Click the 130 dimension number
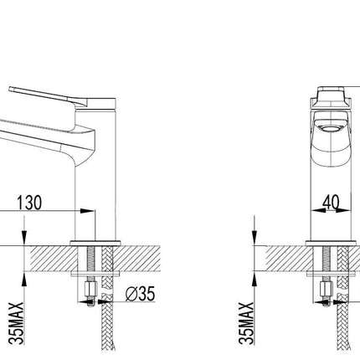29,203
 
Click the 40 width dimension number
332,202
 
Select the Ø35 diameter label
140,294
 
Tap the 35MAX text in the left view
16,323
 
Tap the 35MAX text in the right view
246,323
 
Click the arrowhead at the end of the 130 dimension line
87,211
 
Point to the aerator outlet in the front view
331,129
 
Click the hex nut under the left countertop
90,290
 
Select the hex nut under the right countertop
327,290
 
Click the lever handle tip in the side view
11,89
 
